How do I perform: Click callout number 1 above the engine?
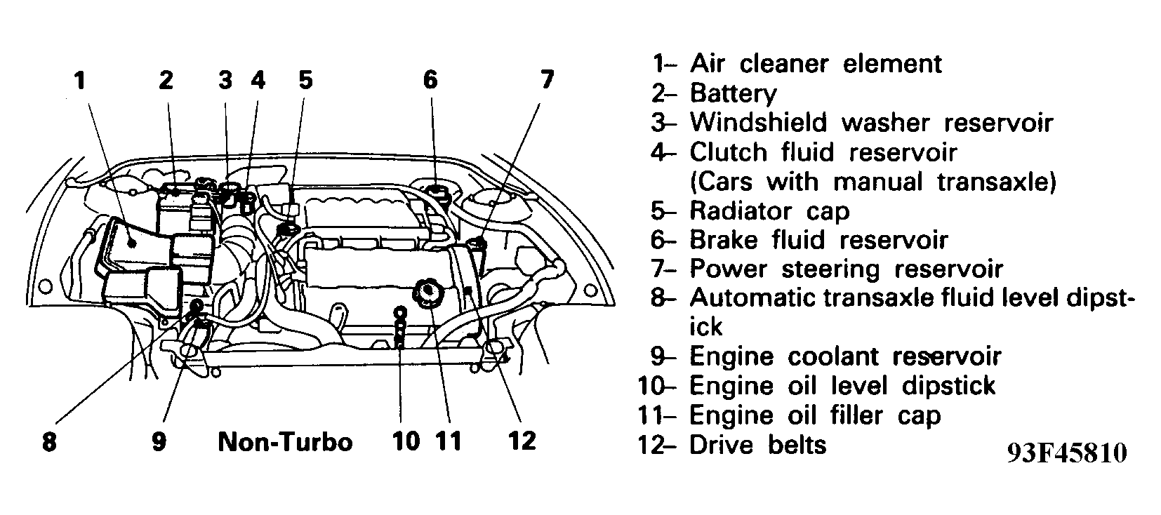[x=81, y=81]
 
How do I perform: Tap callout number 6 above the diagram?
[x=430, y=80]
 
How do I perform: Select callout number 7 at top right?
[x=547, y=80]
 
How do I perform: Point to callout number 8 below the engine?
[x=49, y=443]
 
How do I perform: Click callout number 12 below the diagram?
[x=522, y=441]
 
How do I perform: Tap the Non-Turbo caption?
[x=285, y=442]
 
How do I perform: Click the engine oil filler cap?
[x=426, y=290]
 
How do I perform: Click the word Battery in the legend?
[x=733, y=93]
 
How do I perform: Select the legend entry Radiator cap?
[x=769, y=210]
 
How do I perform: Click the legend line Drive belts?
[x=758, y=445]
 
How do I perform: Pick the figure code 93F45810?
[x=1066, y=453]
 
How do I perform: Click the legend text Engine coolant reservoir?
[x=845, y=356]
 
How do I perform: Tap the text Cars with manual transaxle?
[x=873, y=182]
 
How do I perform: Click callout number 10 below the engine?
[x=406, y=441]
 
